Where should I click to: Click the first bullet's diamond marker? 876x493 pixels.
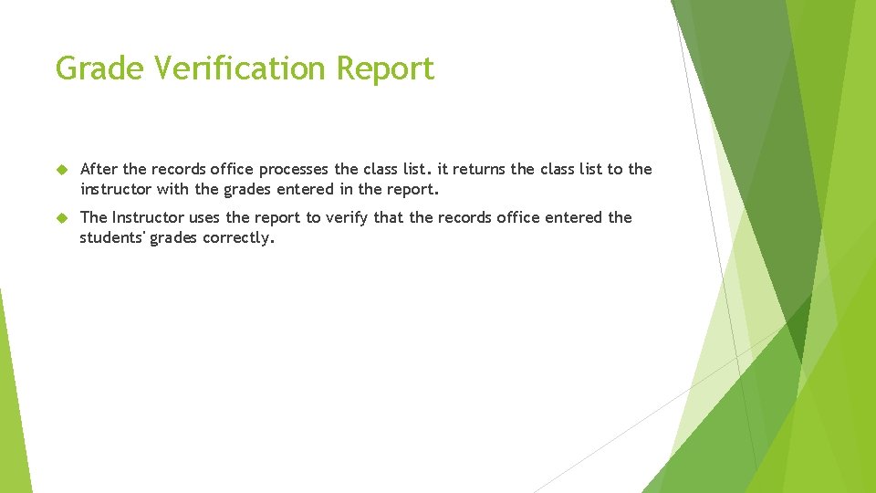click(x=62, y=170)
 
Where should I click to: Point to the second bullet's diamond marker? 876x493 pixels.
click(x=62, y=218)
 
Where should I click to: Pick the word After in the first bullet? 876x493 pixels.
click(x=99, y=170)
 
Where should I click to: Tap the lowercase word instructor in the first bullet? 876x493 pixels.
click(x=116, y=190)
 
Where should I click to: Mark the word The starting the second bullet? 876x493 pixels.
click(x=94, y=217)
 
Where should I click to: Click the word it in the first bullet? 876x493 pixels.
click(x=444, y=170)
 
